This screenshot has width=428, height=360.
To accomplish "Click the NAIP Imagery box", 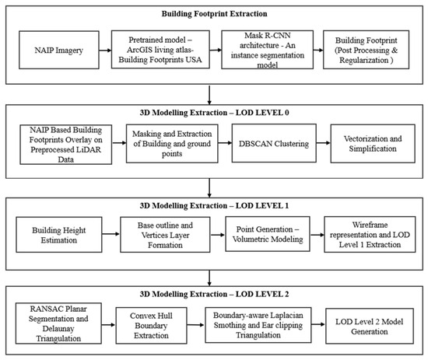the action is (59, 50).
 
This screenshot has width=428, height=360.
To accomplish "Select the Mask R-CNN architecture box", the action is (267, 50).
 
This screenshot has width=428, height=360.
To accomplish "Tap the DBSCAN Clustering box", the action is (274, 143).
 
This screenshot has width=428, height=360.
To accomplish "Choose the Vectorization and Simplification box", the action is (373, 144).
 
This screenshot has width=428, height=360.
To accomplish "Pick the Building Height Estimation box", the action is (59, 235).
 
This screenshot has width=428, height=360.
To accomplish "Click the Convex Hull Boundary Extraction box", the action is (151, 325).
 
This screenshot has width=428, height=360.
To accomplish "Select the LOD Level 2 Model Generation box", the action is (370, 327).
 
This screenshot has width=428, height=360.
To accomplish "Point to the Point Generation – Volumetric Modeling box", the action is (268, 234).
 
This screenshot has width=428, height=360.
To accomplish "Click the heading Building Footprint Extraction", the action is (214, 14).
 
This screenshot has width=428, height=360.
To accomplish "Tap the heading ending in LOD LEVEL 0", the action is (214, 113).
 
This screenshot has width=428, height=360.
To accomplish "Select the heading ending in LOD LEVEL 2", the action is (214, 294).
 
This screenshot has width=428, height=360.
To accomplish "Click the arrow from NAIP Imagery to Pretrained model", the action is (105, 51).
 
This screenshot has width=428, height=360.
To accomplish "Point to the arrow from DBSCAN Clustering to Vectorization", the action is (324, 142).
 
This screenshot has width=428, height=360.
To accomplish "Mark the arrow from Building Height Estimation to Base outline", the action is (111, 234).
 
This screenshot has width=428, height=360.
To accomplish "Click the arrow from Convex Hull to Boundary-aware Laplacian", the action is (196, 324).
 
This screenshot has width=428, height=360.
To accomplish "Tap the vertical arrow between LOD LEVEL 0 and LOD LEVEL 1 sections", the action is (209, 188).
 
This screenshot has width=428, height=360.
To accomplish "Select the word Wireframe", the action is (370, 225).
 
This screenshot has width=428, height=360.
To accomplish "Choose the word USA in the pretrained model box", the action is (194, 59).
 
